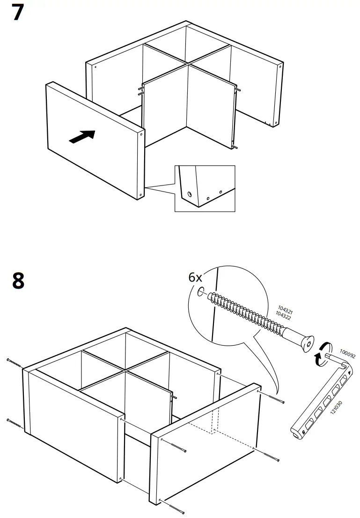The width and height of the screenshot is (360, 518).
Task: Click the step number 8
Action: (x=18, y=281)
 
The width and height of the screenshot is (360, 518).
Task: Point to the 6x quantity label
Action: (x=196, y=277)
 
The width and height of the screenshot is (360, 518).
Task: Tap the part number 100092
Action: (x=347, y=353)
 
